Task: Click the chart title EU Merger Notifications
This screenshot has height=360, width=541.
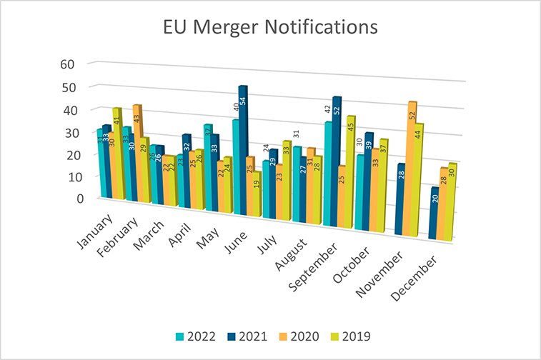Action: [x=269, y=28]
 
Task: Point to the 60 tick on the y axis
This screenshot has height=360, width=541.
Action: [x=68, y=64]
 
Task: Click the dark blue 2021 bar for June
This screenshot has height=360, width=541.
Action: [x=242, y=150]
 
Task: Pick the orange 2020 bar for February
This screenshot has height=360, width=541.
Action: [x=137, y=143]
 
